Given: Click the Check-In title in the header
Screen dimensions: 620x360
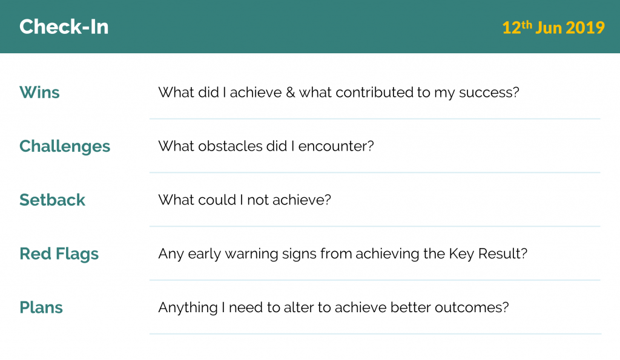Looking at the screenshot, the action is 64,27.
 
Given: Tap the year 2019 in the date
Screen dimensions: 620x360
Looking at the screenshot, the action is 585,28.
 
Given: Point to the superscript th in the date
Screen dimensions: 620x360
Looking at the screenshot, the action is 526,24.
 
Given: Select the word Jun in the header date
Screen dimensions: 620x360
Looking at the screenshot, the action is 549,28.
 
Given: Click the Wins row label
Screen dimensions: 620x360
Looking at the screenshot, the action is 39,93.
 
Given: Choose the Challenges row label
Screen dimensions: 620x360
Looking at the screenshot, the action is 65,146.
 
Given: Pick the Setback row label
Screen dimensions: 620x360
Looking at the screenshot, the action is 52,200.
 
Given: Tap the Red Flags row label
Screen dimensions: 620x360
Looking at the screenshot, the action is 59,254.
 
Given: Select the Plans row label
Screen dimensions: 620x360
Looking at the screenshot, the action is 41,307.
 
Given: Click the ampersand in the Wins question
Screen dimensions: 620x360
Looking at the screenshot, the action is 290,93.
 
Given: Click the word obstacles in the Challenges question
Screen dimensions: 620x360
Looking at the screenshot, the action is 231,146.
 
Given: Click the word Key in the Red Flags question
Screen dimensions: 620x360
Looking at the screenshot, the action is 461,255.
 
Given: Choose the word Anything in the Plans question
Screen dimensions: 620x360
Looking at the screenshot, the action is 188,308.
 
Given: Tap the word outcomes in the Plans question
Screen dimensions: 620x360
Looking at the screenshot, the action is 468,308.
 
